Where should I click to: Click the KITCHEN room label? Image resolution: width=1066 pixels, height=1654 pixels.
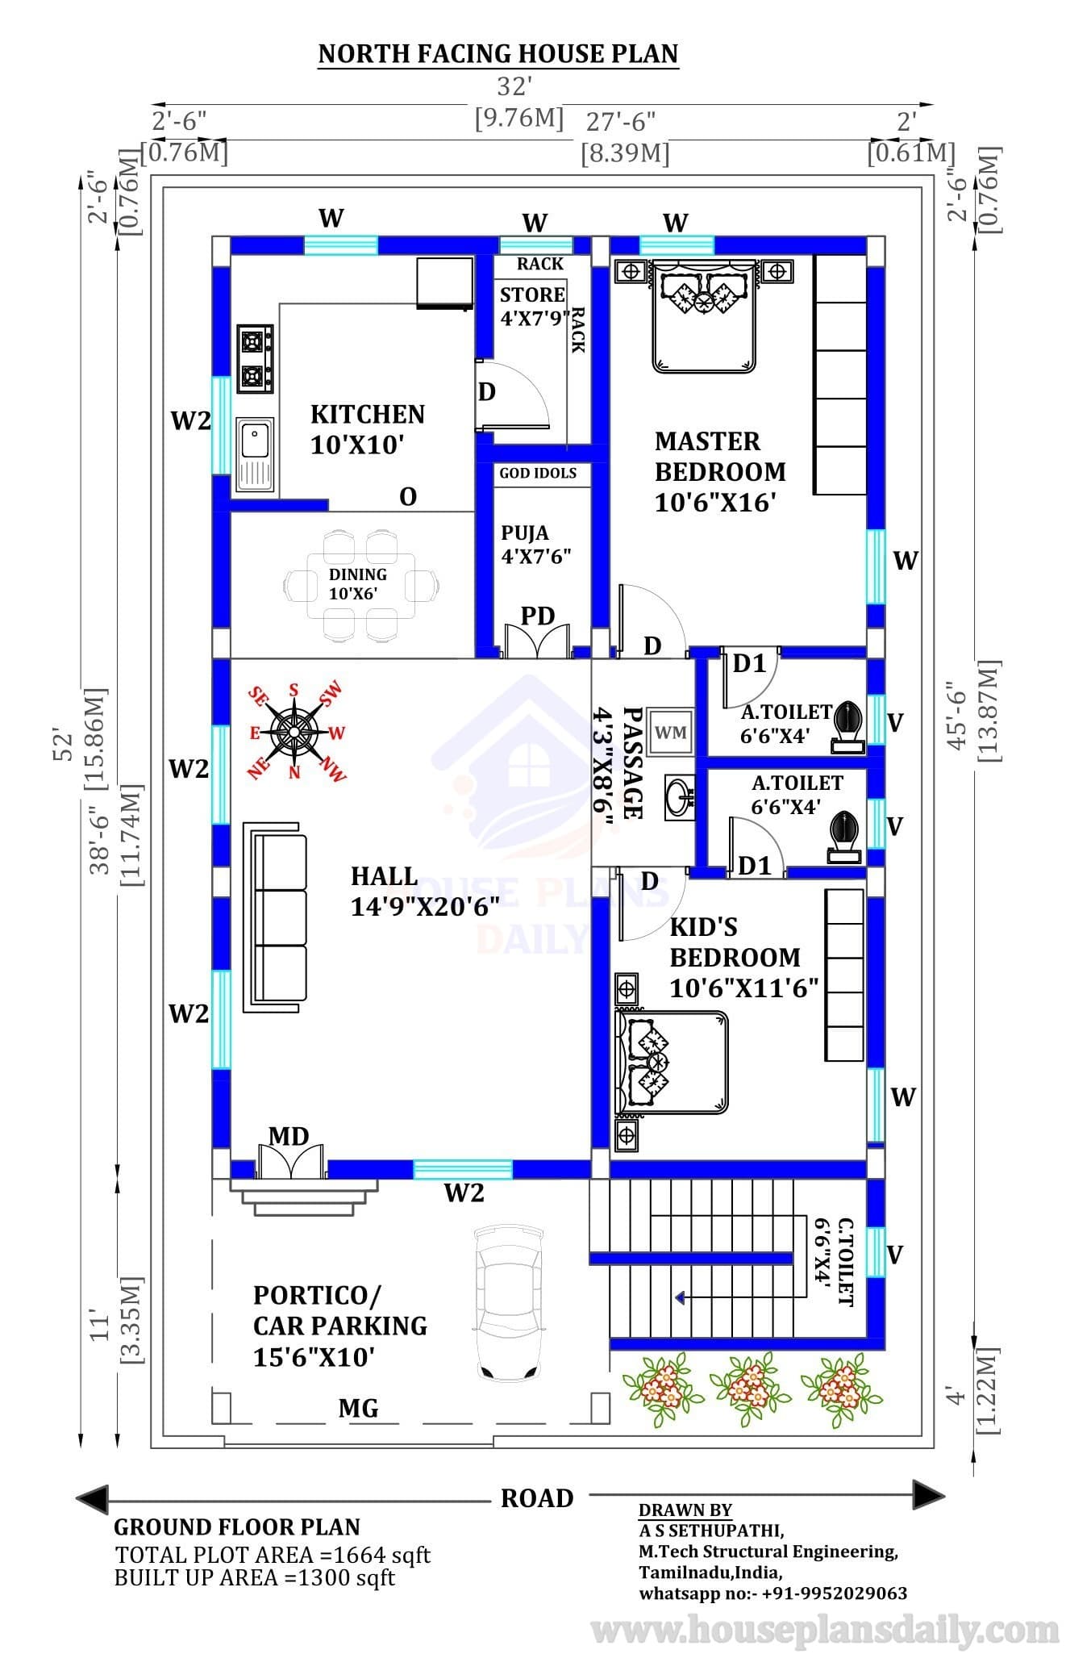pyautogui.click(x=368, y=415)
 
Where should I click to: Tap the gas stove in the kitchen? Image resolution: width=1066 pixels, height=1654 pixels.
pyautogui.click(x=255, y=359)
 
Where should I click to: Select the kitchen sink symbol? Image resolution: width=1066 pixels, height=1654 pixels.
pyautogui.click(x=255, y=455)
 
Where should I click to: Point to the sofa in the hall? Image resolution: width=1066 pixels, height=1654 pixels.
pyautogui.click(x=276, y=917)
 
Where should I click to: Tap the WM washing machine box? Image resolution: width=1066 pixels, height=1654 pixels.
pyautogui.click(x=670, y=732)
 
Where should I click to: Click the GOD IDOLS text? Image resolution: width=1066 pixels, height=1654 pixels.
pyautogui.click(x=538, y=473)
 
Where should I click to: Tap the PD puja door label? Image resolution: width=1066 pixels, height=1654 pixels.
pyautogui.click(x=538, y=616)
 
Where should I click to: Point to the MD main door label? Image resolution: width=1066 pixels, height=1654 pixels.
pyautogui.click(x=289, y=1137)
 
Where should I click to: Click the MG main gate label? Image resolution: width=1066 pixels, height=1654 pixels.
pyautogui.click(x=358, y=1408)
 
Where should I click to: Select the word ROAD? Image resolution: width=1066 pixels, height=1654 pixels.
pyautogui.click(x=537, y=1498)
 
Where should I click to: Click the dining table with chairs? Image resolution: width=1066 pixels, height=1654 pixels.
pyautogui.click(x=362, y=585)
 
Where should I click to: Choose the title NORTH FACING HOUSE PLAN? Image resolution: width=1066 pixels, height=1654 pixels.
pyautogui.click(x=498, y=54)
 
